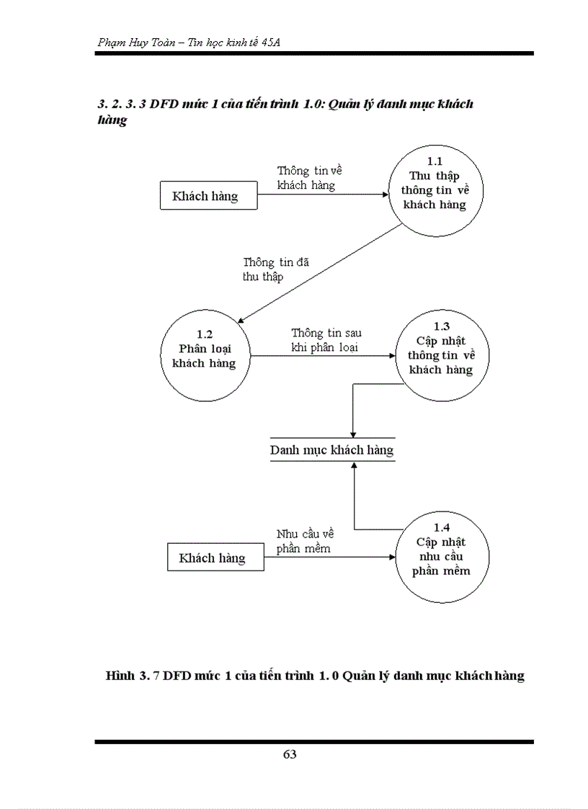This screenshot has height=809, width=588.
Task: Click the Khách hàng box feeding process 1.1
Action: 208,196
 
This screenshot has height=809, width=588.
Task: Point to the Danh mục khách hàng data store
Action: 332,450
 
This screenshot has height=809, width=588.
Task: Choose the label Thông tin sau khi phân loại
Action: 326,340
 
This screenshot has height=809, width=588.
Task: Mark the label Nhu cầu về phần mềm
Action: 305,541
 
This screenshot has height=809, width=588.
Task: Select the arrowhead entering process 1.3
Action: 391,355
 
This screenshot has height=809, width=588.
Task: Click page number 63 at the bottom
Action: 290,754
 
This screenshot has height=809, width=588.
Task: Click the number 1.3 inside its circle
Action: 441,326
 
